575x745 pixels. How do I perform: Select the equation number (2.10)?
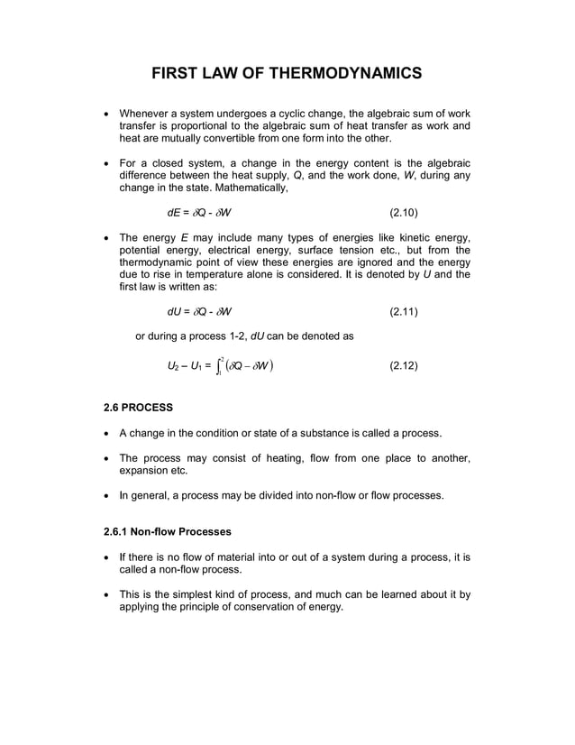pos(403,214)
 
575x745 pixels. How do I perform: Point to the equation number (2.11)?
pos(403,312)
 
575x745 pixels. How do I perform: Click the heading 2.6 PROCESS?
pos(141,407)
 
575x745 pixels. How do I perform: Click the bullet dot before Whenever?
pos(109,114)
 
